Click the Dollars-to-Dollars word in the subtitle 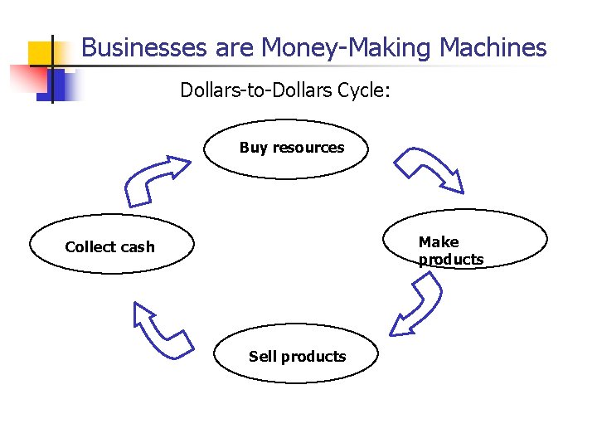point(256,90)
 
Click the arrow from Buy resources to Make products point(428,169)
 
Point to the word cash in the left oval point(136,247)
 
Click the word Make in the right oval point(438,242)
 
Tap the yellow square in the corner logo point(41,53)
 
